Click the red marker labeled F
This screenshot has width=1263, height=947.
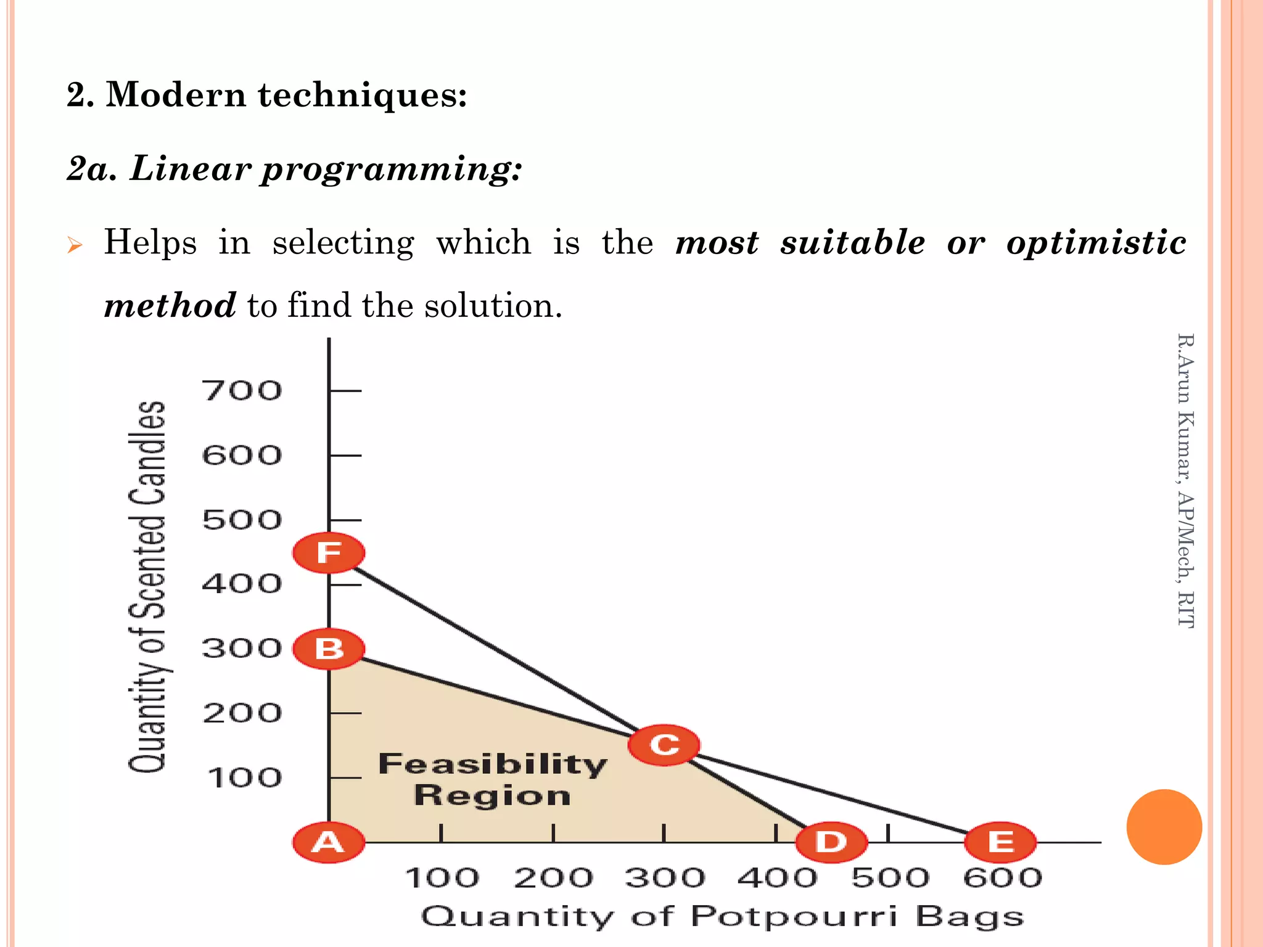point(329,552)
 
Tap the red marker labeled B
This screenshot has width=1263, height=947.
point(329,649)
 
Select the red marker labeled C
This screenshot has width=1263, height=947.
point(664,745)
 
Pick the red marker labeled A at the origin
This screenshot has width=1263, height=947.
point(329,842)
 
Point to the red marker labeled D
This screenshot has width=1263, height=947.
point(831,842)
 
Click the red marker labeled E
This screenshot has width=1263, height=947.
point(1000,842)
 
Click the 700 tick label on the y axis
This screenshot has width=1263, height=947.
point(242,391)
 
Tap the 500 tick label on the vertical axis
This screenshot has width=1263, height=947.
point(242,520)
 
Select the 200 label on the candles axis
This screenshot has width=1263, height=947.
point(242,713)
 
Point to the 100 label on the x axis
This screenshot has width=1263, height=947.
point(442,878)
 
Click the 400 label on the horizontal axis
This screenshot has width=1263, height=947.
point(777,878)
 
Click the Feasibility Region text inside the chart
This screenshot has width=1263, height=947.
point(492,779)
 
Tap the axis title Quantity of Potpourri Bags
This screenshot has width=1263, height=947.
point(722,917)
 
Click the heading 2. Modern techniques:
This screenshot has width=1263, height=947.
point(266,96)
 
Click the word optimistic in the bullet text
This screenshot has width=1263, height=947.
point(1096,243)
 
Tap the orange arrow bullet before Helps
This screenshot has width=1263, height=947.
point(75,246)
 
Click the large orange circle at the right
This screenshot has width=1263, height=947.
point(1164,827)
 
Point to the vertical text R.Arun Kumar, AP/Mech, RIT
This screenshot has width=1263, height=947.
point(1185,481)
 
